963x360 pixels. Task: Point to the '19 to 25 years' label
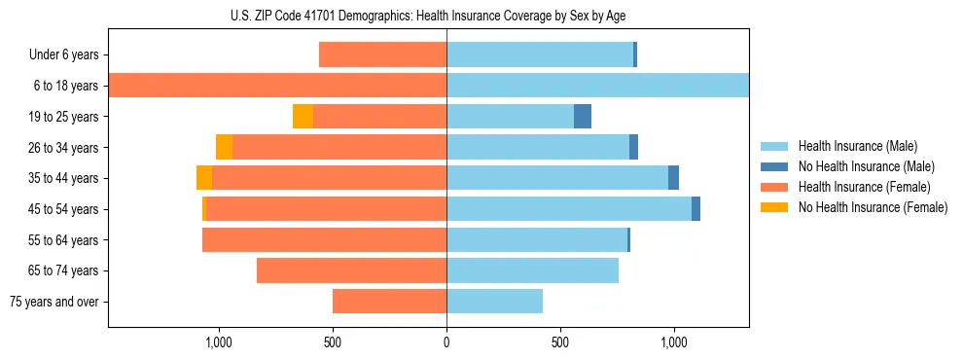click(x=64, y=117)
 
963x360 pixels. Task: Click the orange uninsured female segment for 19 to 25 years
click(x=303, y=117)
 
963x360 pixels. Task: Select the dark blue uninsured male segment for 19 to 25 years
click(x=583, y=117)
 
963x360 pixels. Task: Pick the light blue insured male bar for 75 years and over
click(x=494, y=302)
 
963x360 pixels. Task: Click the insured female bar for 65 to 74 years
click(x=351, y=270)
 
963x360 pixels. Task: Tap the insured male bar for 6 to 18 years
click(x=597, y=86)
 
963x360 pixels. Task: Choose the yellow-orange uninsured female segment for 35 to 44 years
click(x=204, y=178)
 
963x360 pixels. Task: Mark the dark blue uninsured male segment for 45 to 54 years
click(x=695, y=209)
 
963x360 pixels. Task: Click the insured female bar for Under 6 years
click(x=382, y=55)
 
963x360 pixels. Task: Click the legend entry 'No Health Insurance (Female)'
click(x=873, y=207)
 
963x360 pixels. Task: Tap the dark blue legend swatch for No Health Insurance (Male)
click(x=774, y=166)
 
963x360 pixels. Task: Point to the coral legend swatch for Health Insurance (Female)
click(x=774, y=187)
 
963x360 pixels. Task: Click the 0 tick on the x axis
click(x=446, y=342)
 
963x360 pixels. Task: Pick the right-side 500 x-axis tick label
click(x=559, y=342)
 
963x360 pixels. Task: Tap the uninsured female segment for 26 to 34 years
click(x=224, y=148)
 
